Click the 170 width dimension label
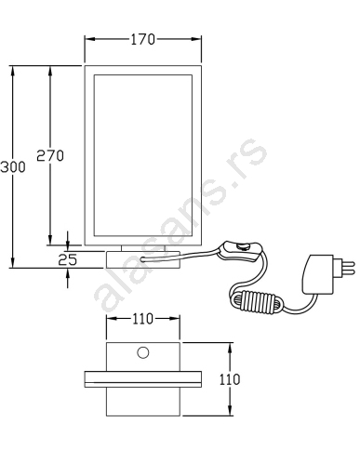coord(142,39)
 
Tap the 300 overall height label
coord(13,167)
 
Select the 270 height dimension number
coord(50,155)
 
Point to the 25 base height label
coord(68,259)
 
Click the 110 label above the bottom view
coord(142,319)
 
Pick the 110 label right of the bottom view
coord(230,379)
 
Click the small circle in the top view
coord(143,352)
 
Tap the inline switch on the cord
coord(240,251)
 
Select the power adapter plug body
coord(318,274)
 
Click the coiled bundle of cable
coord(257,302)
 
